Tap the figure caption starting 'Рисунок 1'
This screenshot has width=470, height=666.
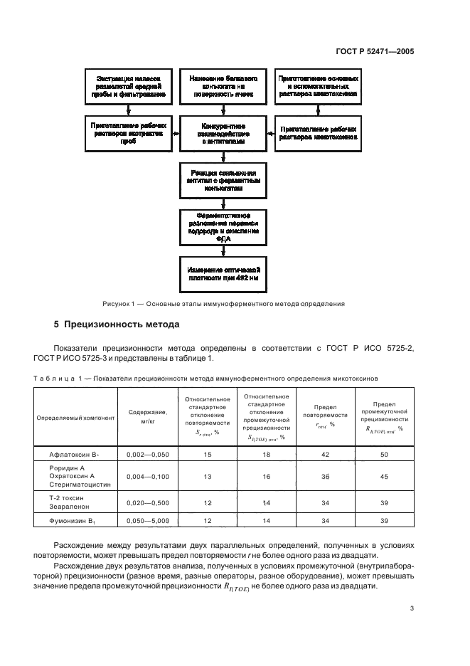click(223, 304)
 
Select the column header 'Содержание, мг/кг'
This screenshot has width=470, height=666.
click(148, 417)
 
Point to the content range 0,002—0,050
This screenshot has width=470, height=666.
click(148, 453)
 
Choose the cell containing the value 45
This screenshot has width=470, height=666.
click(384, 476)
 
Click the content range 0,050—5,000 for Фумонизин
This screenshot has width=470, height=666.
click(148, 521)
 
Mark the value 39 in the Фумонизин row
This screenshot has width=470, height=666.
click(384, 521)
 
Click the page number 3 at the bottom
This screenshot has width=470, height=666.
click(412, 608)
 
